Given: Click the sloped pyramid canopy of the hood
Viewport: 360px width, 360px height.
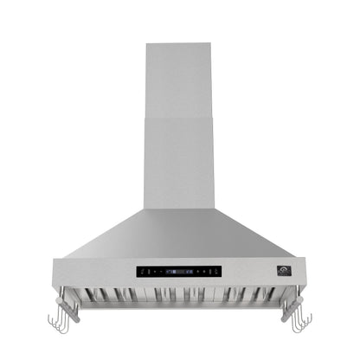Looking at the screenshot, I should pos(180,234).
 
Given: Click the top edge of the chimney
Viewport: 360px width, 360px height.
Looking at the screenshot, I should pos(180,44).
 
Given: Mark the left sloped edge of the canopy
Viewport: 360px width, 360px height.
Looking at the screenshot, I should pos(104,234).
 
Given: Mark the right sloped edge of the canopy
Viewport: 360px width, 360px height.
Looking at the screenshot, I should pos(256,234).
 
